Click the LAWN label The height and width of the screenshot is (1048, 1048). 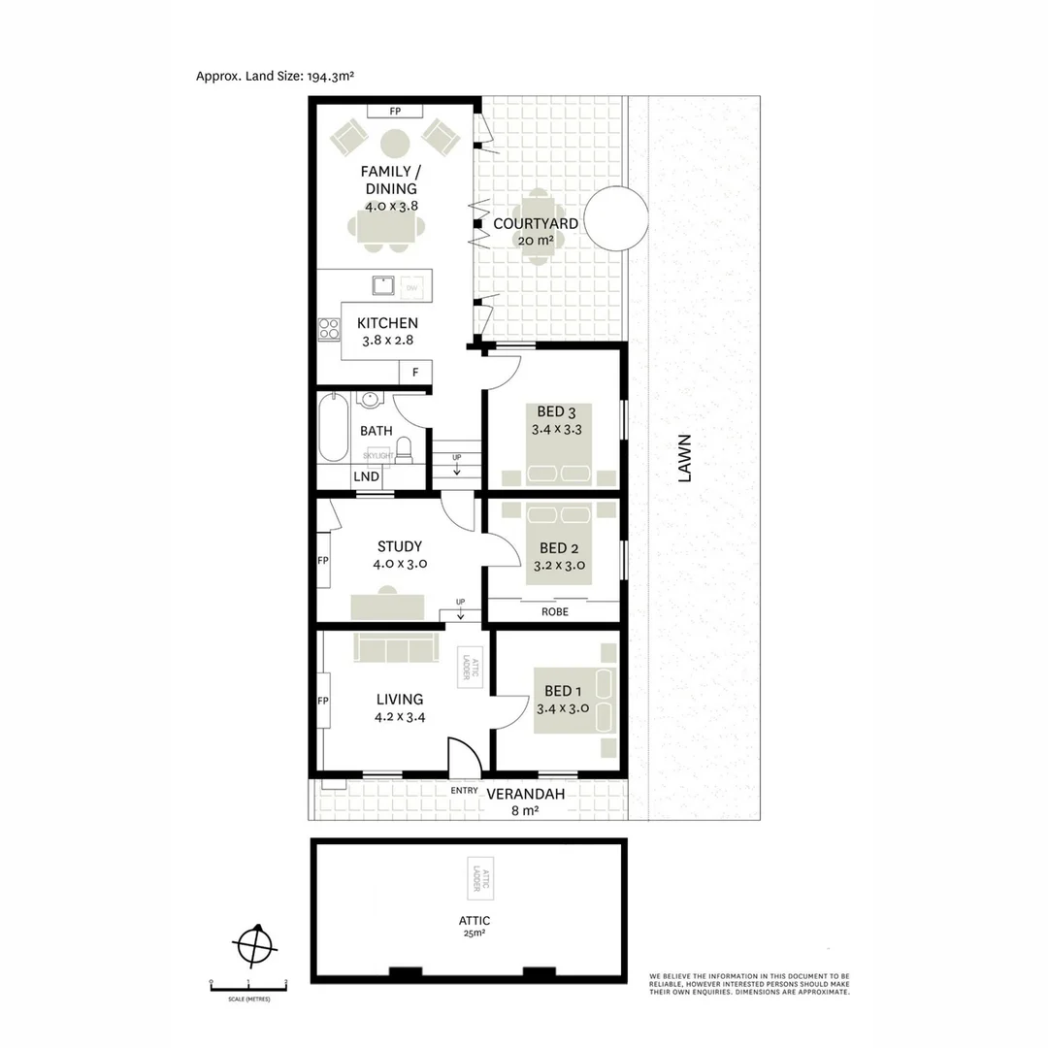tap(685, 457)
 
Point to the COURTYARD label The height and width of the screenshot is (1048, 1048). tap(536, 223)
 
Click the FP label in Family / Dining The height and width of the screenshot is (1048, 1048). tap(395, 112)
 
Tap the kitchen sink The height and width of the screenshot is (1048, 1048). tap(381, 286)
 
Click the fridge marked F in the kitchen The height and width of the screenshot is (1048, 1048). tap(415, 372)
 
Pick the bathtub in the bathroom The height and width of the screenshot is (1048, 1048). tap(332, 427)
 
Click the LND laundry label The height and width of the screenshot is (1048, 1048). tap(366, 476)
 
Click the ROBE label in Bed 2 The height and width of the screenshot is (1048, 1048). tap(555, 612)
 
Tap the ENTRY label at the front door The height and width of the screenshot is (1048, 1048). tap(464, 790)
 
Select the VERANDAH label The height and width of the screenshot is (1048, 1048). tap(525, 794)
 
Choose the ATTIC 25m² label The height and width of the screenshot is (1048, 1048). tap(475, 925)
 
